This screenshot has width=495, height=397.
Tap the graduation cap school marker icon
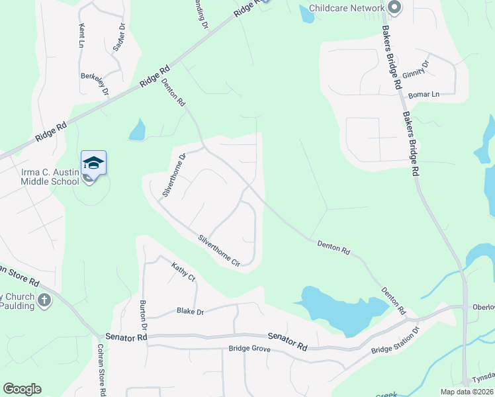click(93, 163)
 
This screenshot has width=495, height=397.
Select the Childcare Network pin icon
click(395, 8)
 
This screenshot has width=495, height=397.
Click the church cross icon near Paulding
click(44, 300)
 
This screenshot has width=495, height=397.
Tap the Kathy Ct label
click(183, 271)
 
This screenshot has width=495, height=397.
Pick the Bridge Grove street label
click(249, 348)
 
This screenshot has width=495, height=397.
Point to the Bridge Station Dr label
click(396, 340)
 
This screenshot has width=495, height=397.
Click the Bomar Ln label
click(424, 95)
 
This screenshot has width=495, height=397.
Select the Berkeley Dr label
click(94, 85)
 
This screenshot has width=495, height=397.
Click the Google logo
click(22, 389)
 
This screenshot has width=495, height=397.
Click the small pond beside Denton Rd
click(137, 130)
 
